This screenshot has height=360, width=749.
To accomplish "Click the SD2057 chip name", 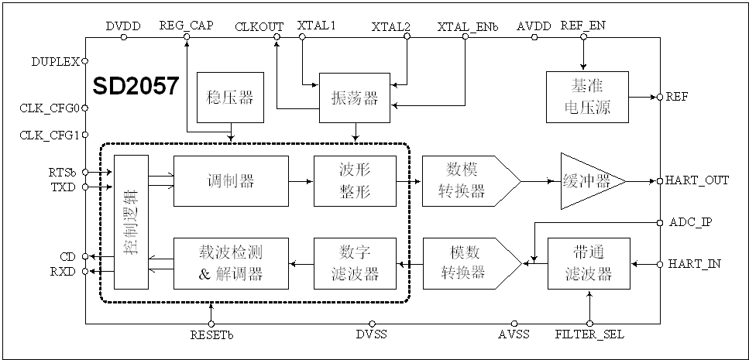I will pyautogui.click(x=136, y=87).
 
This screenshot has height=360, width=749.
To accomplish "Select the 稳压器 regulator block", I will pyautogui.click(x=231, y=98).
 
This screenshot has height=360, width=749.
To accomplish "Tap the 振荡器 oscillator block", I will pyautogui.click(x=354, y=98).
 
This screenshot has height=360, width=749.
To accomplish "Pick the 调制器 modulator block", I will pyautogui.click(x=231, y=181).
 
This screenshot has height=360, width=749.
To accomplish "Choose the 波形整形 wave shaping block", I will pyautogui.click(x=354, y=181).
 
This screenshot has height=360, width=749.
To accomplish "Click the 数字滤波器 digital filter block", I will pyautogui.click(x=354, y=264).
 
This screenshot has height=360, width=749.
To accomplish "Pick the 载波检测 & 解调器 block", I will pyautogui.click(x=231, y=264).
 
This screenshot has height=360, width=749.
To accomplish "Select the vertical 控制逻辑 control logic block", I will pyautogui.click(x=130, y=222).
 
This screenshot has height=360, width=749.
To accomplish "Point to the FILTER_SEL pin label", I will pyautogui.click(x=589, y=335).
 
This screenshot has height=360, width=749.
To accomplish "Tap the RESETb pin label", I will pyautogui.click(x=211, y=335).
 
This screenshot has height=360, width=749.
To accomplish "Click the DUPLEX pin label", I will pyautogui.click(x=56, y=60).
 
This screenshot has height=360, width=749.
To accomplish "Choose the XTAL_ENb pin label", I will pyautogui.click(x=468, y=26).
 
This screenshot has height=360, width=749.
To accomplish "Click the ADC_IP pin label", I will pyautogui.click(x=691, y=222).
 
